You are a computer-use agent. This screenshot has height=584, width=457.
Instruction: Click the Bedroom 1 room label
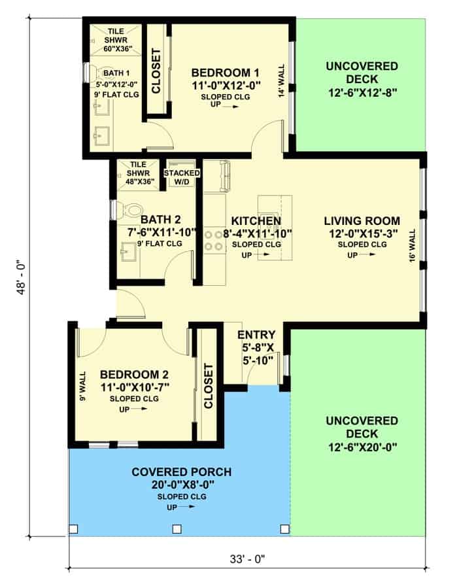tap(226, 73)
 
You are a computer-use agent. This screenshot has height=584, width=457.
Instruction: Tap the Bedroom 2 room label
tap(134, 374)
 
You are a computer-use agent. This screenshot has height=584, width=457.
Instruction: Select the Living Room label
tap(362, 221)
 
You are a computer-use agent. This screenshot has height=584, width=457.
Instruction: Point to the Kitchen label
tap(256, 221)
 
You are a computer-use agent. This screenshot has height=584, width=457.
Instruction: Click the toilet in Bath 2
tap(129, 211)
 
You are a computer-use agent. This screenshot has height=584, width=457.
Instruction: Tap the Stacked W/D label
tap(182, 177)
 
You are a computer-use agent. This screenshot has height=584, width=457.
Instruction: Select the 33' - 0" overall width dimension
tap(247, 558)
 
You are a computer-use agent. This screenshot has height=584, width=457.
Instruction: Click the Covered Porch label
tap(182, 472)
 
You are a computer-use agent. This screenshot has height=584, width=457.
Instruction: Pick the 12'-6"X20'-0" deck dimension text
tap(362, 447)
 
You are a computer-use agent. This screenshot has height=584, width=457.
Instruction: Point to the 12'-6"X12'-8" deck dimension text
tap(362, 92)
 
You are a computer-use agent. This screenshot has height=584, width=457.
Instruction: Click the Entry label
tap(256, 334)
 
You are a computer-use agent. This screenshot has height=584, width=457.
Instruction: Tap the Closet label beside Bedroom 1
tap(156, 71)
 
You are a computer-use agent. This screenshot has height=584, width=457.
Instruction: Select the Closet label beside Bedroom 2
tap(208, 386)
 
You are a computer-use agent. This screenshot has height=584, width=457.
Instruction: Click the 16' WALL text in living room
tap(413, 246)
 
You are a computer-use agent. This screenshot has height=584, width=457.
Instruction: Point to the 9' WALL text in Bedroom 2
tap(82, 386)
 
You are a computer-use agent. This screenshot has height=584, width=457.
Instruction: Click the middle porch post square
tap(177, 529)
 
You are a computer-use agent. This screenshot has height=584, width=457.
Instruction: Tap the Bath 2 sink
tap(129, 252)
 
